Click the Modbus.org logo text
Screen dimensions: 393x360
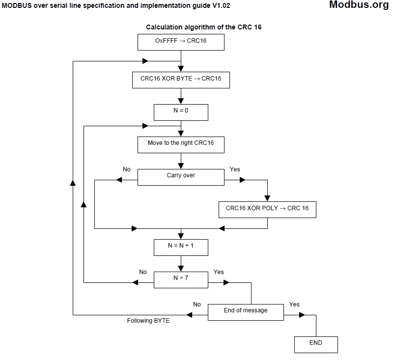(x=359, y=5)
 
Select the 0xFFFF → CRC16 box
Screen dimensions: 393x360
(x=181, y=42)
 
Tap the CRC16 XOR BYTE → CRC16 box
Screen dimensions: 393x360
(x=181, y=80)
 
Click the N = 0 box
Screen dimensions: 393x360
(x=181, y=112)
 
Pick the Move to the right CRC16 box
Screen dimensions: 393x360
(x=181, y=144)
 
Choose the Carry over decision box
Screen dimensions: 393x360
(x=181, y=177)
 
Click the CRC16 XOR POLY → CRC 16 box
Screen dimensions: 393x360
(x=267, y=209)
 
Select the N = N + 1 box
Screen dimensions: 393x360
(x=181, y=247)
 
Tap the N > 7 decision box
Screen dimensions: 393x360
(x=181, y=280)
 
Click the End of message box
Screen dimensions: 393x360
(x=246, y=312)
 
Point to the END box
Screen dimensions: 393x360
(x=316, y=344)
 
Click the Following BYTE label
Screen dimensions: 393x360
(x=148, y=321)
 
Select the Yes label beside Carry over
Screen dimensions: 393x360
(x=235, y=169)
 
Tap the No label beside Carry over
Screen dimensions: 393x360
(x=127, y=169)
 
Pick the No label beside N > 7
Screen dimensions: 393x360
(x=143, y=272)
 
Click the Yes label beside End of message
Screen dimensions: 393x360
(x=294, y=305)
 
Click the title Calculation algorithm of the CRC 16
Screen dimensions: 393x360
(x=204, y=27)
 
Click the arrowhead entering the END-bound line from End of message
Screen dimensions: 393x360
(x=302, y=315)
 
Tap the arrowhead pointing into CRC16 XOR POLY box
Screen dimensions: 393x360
(x=267, y=198)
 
